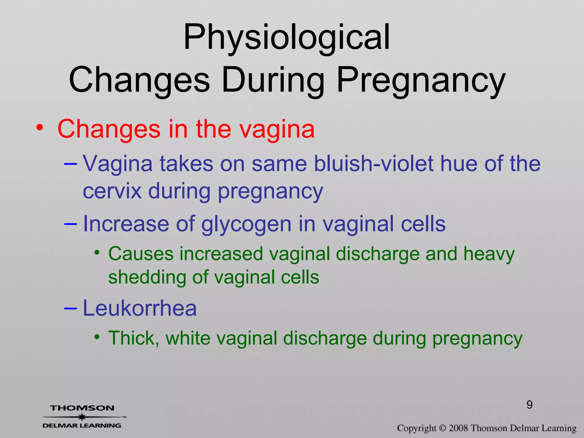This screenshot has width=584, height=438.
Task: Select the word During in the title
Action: pos(273,80)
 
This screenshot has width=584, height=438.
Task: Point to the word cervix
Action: pos(112,191)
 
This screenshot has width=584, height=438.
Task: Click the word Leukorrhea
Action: pos(140,308)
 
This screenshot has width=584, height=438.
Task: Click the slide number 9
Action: pos(530,405)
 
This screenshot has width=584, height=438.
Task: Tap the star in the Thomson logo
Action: pos(82,417)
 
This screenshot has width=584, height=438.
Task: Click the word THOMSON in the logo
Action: pos(82,408)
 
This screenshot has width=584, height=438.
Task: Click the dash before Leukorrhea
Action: pos(70,308)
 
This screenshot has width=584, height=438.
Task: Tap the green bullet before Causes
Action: pos(97,253)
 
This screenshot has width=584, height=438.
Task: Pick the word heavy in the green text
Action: pos(489,254)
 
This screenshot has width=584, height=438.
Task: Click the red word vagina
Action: pos(277,129)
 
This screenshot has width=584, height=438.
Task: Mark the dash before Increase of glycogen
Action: pos(70,224)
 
